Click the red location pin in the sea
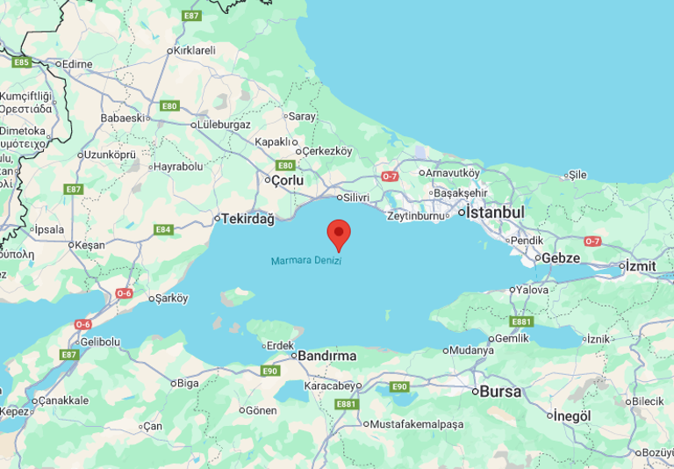coord(339,234)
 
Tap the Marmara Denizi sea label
coord(305,261)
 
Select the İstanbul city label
coord(495,213)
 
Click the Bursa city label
coord(501,392)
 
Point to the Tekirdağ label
coord(248,218)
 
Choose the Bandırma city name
coord(327,356)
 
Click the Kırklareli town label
coord(194,50)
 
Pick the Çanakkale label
coord(62,400)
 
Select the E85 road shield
coord(21,62)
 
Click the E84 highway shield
coord(163,229)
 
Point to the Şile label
coord(577,174)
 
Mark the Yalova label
coord(532,290)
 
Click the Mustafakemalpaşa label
coord(416,424)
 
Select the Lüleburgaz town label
coord(224,125)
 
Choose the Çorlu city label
coord(287,180)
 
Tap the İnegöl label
coord(572,415)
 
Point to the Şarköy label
coord(171,298)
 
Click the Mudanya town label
coord(473,350)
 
